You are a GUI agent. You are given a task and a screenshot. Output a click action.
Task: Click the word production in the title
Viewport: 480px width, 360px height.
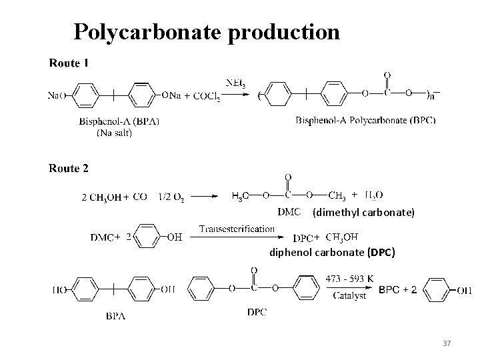(x=284, y=31)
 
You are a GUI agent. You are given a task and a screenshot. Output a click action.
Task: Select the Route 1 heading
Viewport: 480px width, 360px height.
(x=69, y=63)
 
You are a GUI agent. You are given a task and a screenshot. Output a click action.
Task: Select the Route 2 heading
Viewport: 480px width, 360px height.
(x=69, y=169)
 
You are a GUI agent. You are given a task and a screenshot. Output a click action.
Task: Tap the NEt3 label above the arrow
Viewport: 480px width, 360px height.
(x=236, y=83)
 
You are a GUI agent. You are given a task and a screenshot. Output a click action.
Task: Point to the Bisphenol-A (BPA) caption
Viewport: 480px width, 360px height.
(x=119, y=121)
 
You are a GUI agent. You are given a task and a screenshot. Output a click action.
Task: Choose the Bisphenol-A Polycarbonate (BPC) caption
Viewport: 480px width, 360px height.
(x=371, y=121)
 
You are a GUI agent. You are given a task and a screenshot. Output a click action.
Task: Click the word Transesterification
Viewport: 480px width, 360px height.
(x=237, y=229)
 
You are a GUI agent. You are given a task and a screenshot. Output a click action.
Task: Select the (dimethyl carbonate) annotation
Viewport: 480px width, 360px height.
(x=363, y=213)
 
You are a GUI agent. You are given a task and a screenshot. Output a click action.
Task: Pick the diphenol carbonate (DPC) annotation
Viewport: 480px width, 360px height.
(x=331, y=253)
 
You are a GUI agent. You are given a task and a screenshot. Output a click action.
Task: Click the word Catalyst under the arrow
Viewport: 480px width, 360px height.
(x=350, y=296)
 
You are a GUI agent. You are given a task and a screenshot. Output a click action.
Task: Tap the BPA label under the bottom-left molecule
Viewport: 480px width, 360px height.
(x=116, y=316)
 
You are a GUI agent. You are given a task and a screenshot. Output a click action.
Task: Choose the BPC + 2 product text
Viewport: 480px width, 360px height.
(x=398, y=289)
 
